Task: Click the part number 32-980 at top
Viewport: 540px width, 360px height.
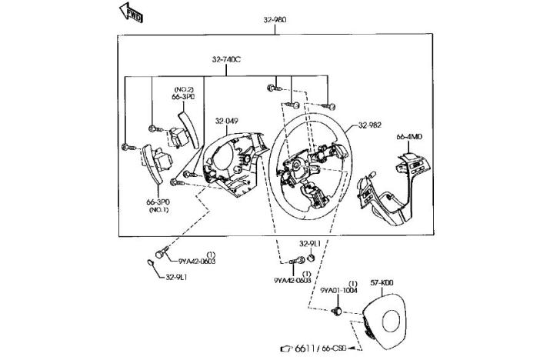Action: click(275, 19)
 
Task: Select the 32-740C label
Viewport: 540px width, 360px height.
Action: click(228, 58)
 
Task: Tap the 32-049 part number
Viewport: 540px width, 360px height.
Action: click(226, 121)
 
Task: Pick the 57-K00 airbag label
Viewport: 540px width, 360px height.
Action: click(382, 282)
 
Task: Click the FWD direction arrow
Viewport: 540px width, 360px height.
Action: click(130, 10)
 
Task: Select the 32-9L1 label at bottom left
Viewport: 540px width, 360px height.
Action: click(176, 277)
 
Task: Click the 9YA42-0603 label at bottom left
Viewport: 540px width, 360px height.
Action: click(193, 261)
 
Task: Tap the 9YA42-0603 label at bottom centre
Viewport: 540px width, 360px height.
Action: click(292, 281)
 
